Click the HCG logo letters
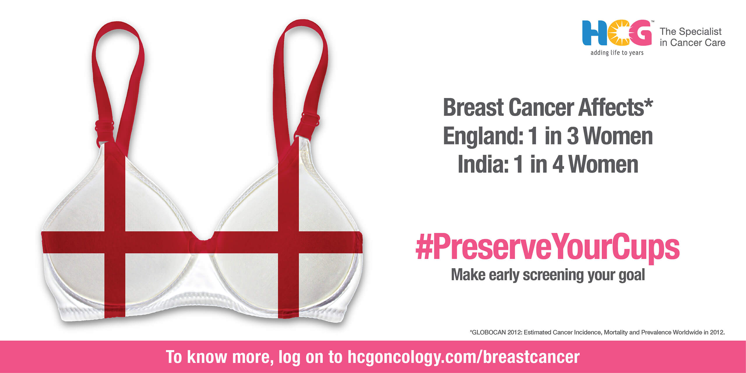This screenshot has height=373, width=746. [x=617, y=33]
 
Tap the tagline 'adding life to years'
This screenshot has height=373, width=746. [x=617, y=53]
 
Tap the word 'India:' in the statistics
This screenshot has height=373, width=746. [x=483, y=164]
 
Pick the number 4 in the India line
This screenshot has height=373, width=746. [x=558, y=164]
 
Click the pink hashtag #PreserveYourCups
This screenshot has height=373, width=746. [x=548, y=247]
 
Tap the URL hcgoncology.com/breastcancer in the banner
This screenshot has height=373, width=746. [x=464, y=357]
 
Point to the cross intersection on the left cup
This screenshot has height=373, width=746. [x=115, y=242]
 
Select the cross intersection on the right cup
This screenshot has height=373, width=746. [x=288, y=242]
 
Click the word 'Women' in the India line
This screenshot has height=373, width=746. [x=603, y=164]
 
